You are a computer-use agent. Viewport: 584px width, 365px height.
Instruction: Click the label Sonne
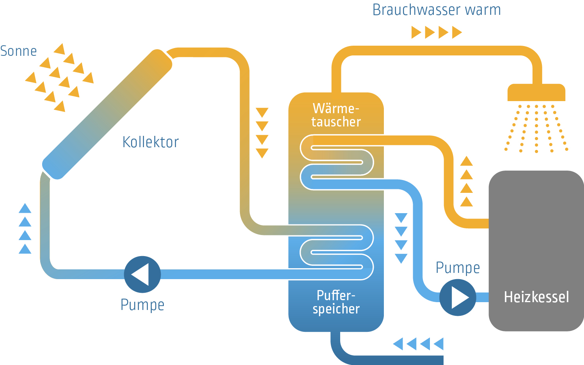(18, 51)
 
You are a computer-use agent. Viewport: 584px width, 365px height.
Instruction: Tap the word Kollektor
(151, 142)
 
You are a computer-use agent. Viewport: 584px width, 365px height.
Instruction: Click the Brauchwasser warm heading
(437, 10)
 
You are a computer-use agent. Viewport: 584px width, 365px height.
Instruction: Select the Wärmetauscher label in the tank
(336, 115)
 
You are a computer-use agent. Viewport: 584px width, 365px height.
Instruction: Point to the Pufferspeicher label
(336, 302)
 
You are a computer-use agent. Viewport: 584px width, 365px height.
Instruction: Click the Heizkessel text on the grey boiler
(536, 297)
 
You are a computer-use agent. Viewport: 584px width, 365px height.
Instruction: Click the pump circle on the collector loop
(142, 274)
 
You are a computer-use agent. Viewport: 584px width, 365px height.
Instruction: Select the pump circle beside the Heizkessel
(458, 297)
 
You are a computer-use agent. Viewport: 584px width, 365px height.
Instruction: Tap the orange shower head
(536, 93)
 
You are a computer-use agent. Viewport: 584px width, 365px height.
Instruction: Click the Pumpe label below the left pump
(142, 305)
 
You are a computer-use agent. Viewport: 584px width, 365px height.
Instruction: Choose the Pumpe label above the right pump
(458, 268)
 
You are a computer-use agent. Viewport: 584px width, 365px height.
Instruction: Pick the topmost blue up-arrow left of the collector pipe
(25, 208)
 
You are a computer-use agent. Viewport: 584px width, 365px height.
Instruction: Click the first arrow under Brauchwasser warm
(416, 32)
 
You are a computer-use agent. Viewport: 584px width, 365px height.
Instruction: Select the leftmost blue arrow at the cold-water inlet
(398, 344)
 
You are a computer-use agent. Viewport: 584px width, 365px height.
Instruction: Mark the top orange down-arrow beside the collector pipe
(262, 112)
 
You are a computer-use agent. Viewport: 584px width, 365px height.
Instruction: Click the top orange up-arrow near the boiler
(467, 161)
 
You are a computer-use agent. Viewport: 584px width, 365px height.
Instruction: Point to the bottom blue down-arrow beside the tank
(401, 258)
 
